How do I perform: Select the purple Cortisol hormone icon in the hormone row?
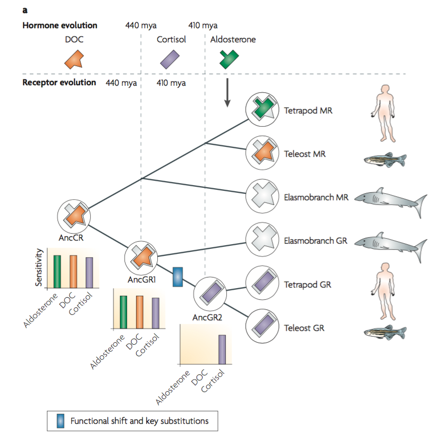pos(168,59)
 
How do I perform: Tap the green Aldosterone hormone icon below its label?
pos(229,59)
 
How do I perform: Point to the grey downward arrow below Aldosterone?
pos(227,93)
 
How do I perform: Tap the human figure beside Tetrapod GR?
pos(385,285)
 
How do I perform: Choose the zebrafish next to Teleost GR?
pos(385,332)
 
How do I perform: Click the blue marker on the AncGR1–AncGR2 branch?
pos(177,277)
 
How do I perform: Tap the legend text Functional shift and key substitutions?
pos(139,420)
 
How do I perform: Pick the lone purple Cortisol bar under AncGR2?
pos(222,349)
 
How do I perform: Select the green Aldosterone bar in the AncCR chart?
pos(57,271)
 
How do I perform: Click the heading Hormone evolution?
pos(60,25)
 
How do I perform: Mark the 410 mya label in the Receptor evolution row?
pos(171,83)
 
